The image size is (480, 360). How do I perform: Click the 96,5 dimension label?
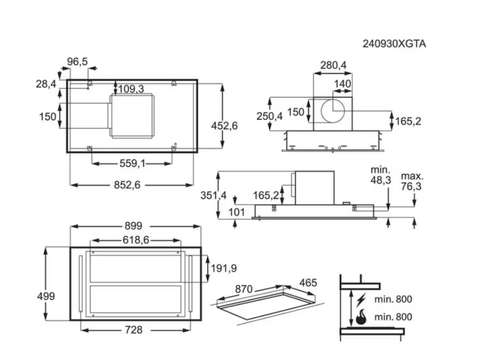pyautogui.click(x=77, y=61)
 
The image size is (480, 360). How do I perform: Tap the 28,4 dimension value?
pyautogui.click(x=46, y=84)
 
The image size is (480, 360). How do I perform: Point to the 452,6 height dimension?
pyautogui.click(x=225, y=125)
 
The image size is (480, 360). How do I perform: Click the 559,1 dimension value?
pyautogui.click(x=133, y=163)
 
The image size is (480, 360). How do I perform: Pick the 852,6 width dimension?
pyautogui.click(x=127, y=185)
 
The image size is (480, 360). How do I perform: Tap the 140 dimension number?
pyautogui.click(x=342, y=84)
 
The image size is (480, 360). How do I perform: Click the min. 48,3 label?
pyautogui.click(x=380, y=175)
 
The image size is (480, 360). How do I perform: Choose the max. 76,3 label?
pyautogui.click(x=412, y=181)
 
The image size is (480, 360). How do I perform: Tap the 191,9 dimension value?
pyautogui.click(x=224, y=268)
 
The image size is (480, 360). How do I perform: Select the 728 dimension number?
pyautogui.click(x=133, y=330)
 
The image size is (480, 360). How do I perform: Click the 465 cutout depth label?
pyautogui.click(x=307, y=283)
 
